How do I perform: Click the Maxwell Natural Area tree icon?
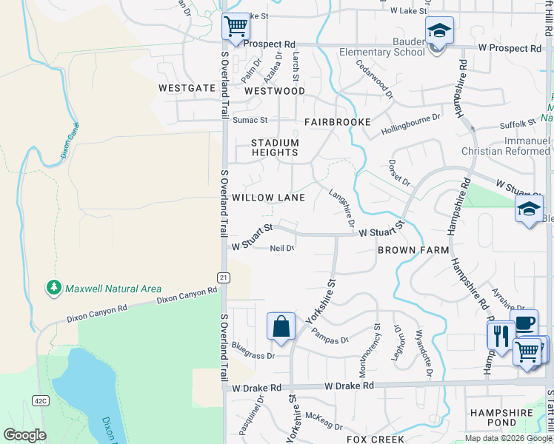[53, 288]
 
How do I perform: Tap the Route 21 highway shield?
[222, 277]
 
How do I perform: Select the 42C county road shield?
[40, 401]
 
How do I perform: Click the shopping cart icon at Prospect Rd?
[236, 28]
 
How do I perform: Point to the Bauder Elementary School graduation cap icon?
[439, 32]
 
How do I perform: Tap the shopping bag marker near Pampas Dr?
[281, 326]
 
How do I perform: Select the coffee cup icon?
[524, 323]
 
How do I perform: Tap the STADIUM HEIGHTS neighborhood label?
[275, 147]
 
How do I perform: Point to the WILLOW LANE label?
[268, 198]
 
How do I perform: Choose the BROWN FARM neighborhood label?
[413, 250]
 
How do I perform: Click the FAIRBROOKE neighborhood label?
[337, 122]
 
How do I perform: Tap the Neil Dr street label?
[282, 249]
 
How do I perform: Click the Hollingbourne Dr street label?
[410, 124]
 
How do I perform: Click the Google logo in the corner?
[24, 435]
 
